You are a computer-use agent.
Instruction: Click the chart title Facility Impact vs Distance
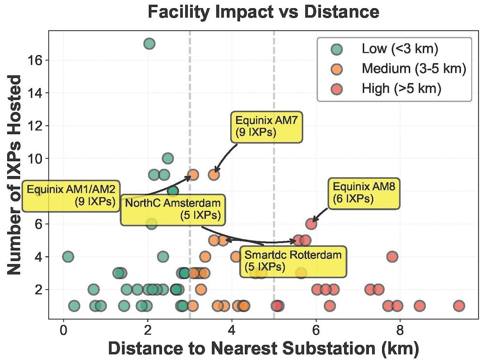264,12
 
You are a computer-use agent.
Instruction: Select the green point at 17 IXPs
149,44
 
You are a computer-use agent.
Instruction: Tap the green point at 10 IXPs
168,158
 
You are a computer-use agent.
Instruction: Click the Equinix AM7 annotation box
266,127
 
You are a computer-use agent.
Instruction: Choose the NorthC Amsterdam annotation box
173,209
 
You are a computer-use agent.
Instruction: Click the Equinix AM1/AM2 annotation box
73,195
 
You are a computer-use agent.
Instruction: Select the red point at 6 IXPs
312,224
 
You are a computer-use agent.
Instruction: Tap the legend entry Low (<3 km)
394,49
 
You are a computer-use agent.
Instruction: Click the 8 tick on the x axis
400,333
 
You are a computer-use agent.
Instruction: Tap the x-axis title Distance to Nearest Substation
263,349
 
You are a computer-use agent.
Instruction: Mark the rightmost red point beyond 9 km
459,306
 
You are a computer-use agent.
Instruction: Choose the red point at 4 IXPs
392,256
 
